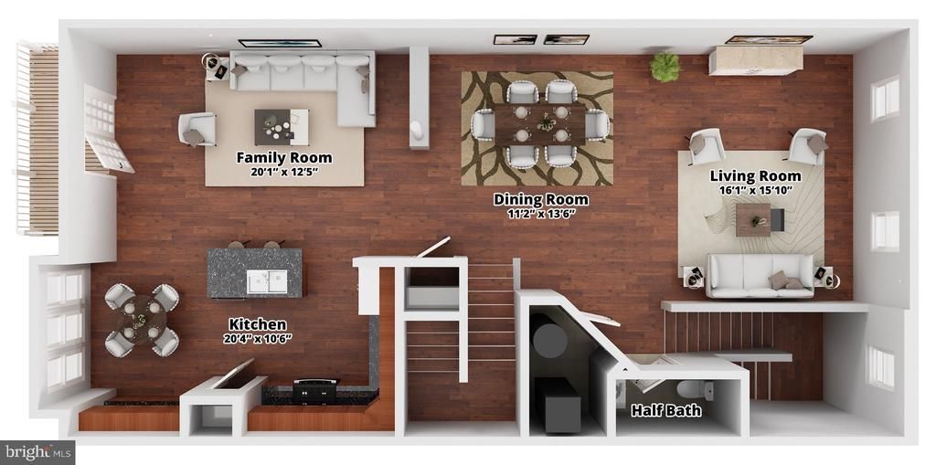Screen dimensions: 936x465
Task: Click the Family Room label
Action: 284,157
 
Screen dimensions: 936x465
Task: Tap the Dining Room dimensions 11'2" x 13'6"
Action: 541,215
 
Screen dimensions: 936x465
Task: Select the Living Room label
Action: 755,176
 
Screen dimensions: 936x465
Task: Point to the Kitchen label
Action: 258,324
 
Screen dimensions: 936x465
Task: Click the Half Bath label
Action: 666,411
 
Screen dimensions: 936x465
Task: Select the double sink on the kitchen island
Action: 267,281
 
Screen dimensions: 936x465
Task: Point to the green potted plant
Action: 665,67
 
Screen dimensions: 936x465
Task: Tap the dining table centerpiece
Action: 545,123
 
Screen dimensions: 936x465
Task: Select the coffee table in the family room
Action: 282,127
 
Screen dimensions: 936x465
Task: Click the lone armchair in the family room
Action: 197,129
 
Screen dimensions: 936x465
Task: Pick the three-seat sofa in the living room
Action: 760,275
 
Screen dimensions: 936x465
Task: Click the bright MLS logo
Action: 37,452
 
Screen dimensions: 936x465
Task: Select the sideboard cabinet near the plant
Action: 756,59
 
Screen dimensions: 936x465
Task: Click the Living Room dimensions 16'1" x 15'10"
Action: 756,191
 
